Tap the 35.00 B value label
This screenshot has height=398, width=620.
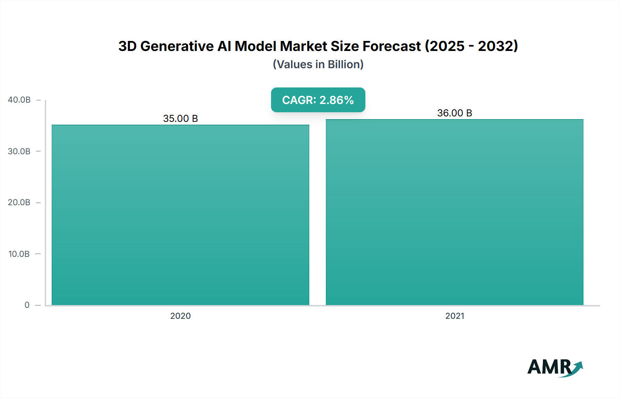point(180,118)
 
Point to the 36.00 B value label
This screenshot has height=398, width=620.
point(454,113)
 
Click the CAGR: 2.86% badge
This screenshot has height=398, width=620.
point(318,100)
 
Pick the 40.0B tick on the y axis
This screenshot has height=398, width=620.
point(19,100)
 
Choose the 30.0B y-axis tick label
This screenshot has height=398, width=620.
point(19,151)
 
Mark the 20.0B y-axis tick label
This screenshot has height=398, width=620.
point(19,202)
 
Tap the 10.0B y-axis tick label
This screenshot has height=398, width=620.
point(19,254)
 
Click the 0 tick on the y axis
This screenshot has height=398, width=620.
point(27,305)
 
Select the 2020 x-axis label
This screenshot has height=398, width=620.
point(180,316)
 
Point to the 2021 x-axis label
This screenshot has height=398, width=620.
point(454,316)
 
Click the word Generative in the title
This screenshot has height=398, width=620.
point(177,46)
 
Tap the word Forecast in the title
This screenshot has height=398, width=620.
point(392,46)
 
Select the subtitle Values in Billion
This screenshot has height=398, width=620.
point(318,64)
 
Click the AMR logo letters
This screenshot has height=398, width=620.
point(549,367)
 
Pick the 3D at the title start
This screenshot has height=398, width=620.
point(127,46)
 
